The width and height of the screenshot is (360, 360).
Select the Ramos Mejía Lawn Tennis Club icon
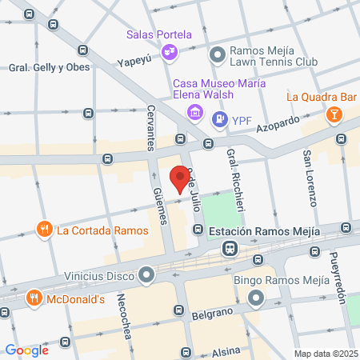pos(217,54)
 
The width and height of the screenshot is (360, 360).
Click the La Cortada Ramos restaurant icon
pos(44,230)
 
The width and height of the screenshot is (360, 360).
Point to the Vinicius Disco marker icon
pos(146,277)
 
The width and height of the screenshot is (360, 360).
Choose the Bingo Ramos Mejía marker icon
pos(256,298)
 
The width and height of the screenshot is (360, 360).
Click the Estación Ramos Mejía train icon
pos(230,249)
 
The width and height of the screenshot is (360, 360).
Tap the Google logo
pos(26,350)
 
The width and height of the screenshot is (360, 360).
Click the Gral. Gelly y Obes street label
pos(38,68)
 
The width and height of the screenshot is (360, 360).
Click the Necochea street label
pos(126,320)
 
